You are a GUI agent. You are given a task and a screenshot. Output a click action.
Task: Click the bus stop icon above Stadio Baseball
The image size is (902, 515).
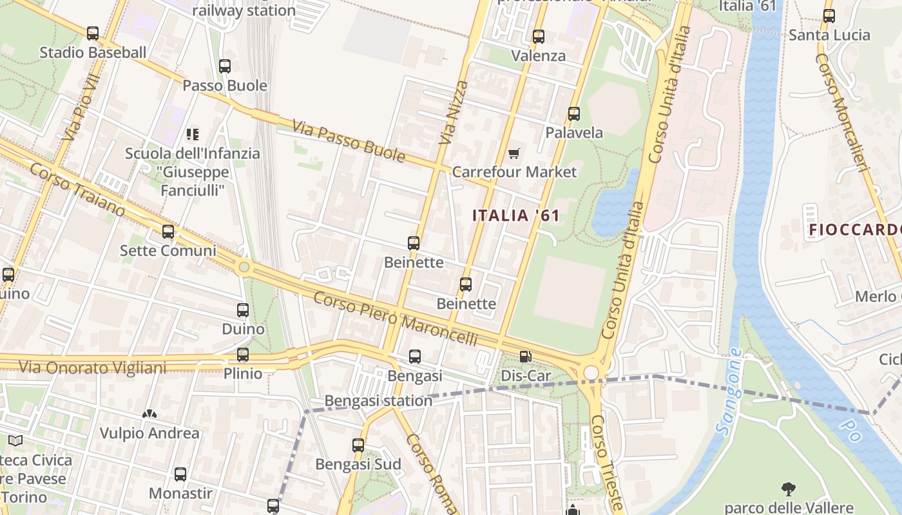click(x=93, y=33)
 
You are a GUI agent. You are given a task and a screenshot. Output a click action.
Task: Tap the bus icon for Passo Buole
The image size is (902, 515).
click(x=224, y=66)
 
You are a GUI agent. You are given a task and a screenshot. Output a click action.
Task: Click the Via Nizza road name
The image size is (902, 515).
click(x=454, y=113)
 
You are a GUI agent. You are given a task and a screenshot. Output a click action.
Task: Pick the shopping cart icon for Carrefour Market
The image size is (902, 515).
click(x=513, y=153)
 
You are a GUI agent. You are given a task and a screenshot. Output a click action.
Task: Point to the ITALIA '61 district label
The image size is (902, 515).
click(x=516, y=216)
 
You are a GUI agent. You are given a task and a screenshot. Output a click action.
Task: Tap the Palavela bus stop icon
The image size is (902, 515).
click(x=573, y=114)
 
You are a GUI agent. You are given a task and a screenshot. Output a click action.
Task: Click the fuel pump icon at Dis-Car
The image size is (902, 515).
click(x=526, y=357)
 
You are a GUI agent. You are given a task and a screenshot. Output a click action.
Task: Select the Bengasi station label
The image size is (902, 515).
click(x=378, y=401)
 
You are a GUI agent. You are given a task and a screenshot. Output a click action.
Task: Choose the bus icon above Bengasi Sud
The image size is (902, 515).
click(x=358, y=445)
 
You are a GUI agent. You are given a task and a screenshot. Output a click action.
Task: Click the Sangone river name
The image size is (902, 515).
click(x=728, y=393)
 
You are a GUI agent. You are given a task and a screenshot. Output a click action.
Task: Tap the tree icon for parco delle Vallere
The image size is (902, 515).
click(x=788, y=489)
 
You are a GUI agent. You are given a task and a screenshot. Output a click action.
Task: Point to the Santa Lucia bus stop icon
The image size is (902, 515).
click(x=829, y=16)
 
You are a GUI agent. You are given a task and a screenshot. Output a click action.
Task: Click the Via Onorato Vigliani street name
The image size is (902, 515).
click(x=92, y=368)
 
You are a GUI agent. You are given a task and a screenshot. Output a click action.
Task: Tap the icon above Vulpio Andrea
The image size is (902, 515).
click(x=149, y=414)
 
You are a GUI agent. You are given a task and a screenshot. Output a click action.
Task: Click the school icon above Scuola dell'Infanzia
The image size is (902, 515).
click(x=192, y=135)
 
